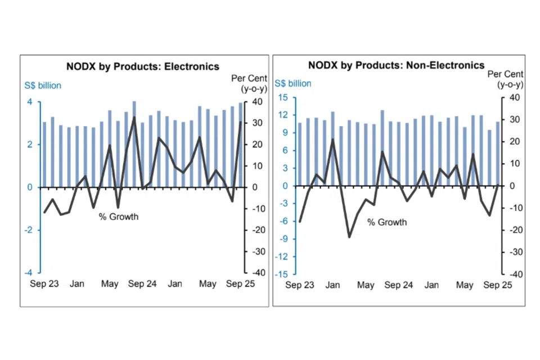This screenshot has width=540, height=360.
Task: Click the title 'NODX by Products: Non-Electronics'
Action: point(396,65)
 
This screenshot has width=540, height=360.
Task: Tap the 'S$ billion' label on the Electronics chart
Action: point(43,86)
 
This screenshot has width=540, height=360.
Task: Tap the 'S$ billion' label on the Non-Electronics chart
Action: point(292,83)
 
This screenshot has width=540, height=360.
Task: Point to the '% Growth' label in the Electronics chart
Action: point(119,217)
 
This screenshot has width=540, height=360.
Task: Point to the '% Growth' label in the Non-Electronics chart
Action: point(387,222)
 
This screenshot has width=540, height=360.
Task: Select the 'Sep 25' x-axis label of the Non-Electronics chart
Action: point(498,285)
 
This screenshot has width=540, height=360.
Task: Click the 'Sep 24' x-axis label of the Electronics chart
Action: point(142,284)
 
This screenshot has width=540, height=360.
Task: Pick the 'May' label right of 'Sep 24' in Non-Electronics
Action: point(465,285)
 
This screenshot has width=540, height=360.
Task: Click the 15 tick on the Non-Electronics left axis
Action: point(283,98)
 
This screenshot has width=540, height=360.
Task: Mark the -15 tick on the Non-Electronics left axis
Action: point(281,274)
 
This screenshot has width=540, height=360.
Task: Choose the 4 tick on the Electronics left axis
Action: point(30,102)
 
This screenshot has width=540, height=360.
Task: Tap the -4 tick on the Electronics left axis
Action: point(28,273)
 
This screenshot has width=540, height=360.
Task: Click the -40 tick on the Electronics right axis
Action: point(256,273)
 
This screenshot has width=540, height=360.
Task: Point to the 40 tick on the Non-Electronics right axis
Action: point(514,98)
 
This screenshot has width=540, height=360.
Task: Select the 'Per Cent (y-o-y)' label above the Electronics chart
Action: point(249,83)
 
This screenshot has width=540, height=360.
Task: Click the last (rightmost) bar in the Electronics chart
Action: point(241,145)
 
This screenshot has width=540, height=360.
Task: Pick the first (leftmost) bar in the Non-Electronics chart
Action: point(300,154)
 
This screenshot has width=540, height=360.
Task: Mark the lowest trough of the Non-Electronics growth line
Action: point(349,237)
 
